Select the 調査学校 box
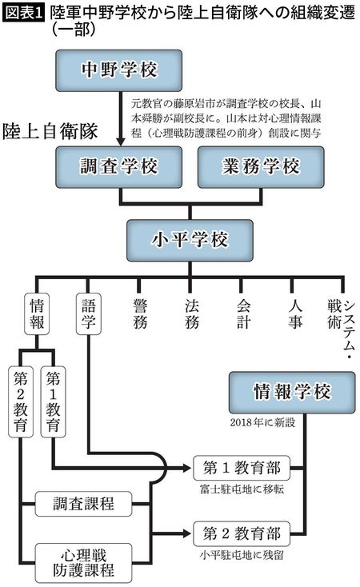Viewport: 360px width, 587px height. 120,167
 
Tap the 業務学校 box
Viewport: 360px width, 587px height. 260,167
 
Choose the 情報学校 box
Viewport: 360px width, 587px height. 291,391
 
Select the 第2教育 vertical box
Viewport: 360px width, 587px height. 22,400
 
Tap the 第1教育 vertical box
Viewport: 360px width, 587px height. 53,400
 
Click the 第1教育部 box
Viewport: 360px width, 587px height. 240,468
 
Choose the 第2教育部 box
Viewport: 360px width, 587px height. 240,532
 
